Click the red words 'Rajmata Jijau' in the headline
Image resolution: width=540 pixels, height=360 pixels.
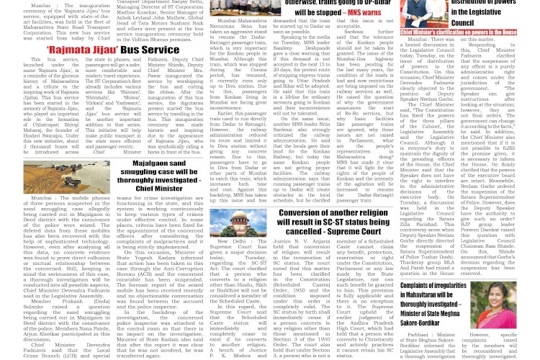pyautogui.click(x=79, y=50)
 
